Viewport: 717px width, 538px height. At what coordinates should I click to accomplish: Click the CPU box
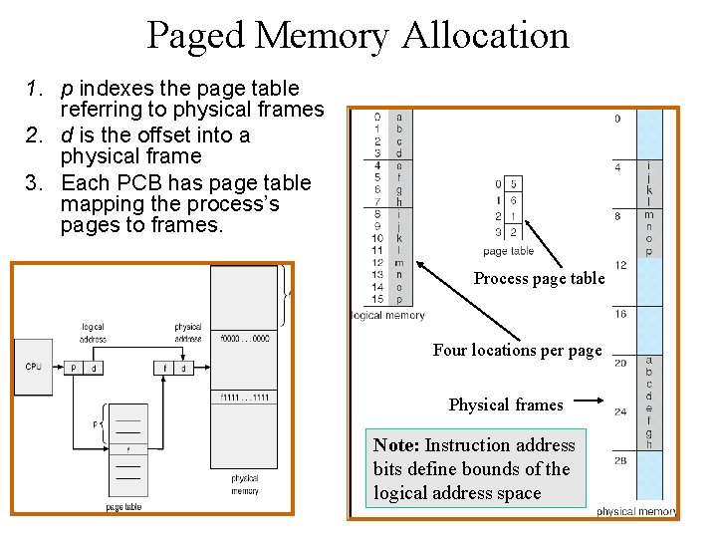[x=34, y=367]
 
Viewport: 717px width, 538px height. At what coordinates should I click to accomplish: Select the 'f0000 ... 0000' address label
[x=244, y=338]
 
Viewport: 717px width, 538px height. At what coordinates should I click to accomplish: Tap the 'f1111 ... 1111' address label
[x=244, y=398]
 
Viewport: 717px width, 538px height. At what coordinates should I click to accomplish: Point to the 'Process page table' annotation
[x=539, y=279]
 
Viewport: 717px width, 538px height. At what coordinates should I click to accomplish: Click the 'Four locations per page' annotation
[x=517, y=351]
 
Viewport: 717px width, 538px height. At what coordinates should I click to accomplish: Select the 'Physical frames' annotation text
[x=506, y=404]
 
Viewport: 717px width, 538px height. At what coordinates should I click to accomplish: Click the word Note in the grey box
[x=395, y=445]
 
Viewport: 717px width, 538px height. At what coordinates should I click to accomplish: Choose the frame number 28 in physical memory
[x=618, y=461]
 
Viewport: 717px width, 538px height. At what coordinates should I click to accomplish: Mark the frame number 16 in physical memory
[x=618, y=314]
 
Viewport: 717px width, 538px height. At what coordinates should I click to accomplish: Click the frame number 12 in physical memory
[x=618, y=265]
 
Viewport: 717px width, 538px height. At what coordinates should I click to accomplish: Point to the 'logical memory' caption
[x=388, y=316]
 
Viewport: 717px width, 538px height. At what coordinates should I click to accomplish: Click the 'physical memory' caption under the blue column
[x=635, y=511]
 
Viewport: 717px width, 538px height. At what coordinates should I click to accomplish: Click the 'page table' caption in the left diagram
[x=123, y=507]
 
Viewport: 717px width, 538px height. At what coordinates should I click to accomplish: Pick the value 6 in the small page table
[x=513, y=200]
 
